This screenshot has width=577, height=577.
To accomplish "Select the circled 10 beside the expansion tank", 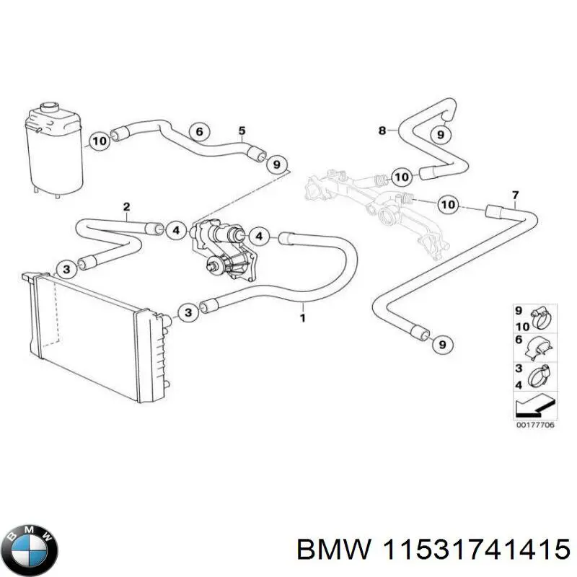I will click(100, 141).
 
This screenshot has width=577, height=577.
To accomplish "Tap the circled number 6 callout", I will click(200, 131).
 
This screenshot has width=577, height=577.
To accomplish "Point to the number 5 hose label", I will click(242, 131).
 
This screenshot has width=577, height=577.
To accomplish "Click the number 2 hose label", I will click(126, 208).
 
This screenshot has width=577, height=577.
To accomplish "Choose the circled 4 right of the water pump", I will click(260, 236).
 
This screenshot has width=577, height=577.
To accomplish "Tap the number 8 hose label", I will click(382, 131).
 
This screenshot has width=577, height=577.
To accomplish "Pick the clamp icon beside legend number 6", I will click(538, 345).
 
